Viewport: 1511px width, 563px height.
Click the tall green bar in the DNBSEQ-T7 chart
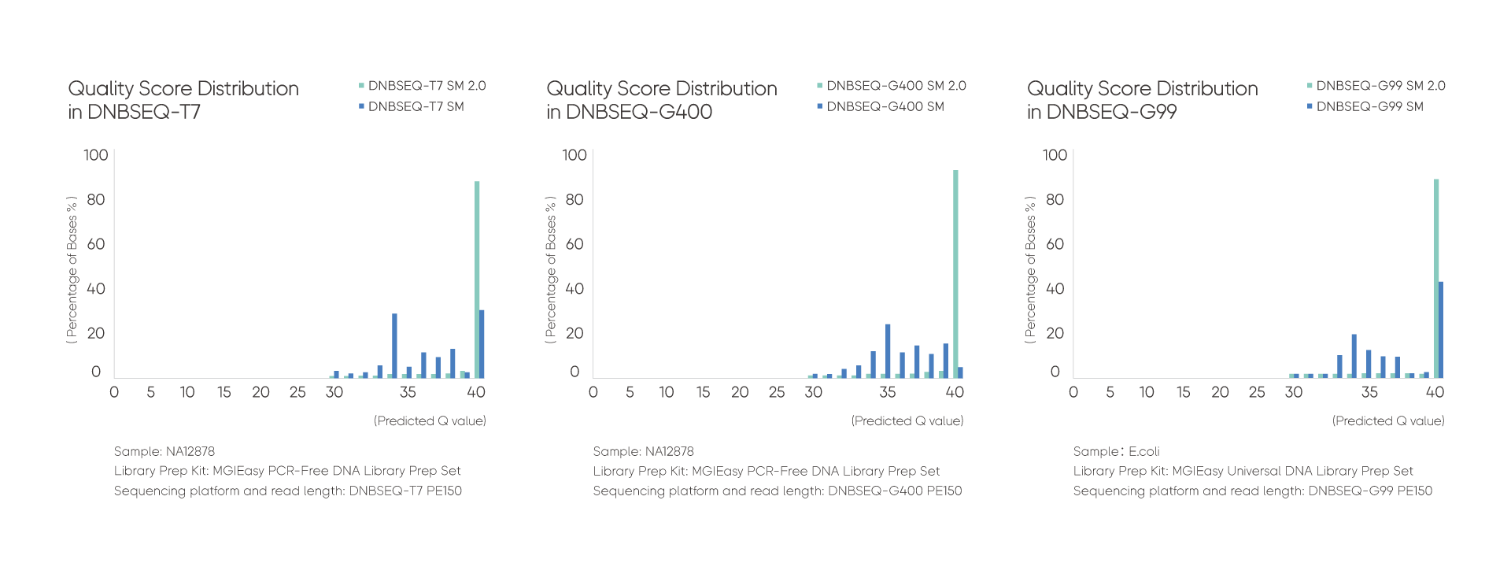coord(477,280)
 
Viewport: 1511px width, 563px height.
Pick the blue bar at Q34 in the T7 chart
coord(394,346)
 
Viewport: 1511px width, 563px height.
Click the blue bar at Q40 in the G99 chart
coord(1441,329)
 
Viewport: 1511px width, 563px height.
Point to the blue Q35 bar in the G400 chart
coord(888,350)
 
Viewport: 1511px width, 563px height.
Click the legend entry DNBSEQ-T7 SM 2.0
coord(427,86)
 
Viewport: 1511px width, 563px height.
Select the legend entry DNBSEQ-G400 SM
coord(885,106)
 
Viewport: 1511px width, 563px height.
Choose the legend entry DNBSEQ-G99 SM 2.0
coord(1380,86)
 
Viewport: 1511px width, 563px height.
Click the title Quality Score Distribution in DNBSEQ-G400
coord(661,100)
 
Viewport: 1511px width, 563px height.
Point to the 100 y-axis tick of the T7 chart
coord(96,155)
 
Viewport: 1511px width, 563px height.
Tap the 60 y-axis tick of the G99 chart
coord(1055,244)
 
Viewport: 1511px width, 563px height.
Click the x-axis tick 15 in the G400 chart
coord(703,392)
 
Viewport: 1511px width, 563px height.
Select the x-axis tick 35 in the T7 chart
coord(407,392)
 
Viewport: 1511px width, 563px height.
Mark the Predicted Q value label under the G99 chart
coord(1388,421)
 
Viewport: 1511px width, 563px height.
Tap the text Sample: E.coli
coord(1116,451)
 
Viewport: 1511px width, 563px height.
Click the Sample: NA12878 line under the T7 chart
coord(164,451)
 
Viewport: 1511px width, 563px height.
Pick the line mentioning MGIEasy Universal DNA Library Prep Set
coord(1243,471)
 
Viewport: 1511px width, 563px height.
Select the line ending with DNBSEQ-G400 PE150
coord(777,491)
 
